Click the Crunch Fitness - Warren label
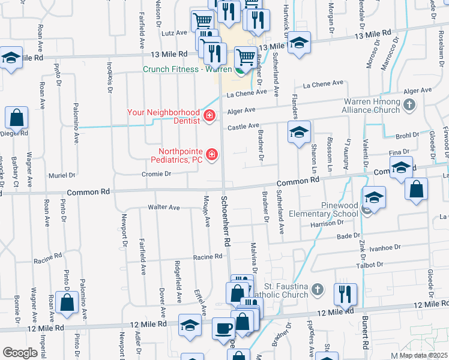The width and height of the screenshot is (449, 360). click(x=187, y=69)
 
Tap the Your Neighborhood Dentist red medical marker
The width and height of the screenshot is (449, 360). click(x=209, y=115)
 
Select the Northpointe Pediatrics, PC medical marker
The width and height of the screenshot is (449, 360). click(x=211, y=155)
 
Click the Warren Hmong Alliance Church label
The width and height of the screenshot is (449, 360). click(x=370, y=106)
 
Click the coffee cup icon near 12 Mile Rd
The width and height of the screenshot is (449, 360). click(x=224, y=328)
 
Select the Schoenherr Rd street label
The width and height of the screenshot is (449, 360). click(x=226, y=221)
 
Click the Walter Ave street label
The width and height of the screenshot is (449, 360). click(x=164, y=208)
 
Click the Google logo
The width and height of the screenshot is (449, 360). click(x=20, y=353)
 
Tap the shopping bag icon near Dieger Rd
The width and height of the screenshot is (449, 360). click(x=17, y=119)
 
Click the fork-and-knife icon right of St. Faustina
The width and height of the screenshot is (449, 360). click(x=345, y=293)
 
